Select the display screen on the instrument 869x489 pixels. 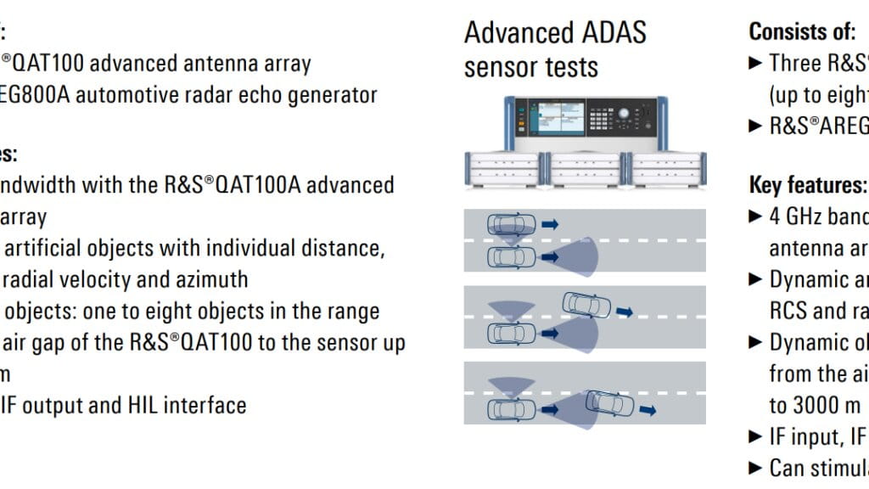coord(555,117)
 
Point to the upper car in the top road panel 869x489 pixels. coord(511,226)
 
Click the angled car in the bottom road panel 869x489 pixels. coord(610,402)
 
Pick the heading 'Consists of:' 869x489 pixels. coord(802,32)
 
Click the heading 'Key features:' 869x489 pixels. coord(807,185)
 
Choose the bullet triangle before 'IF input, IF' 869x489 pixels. coord(756,437)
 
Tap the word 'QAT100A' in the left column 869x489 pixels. coord(255,185)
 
